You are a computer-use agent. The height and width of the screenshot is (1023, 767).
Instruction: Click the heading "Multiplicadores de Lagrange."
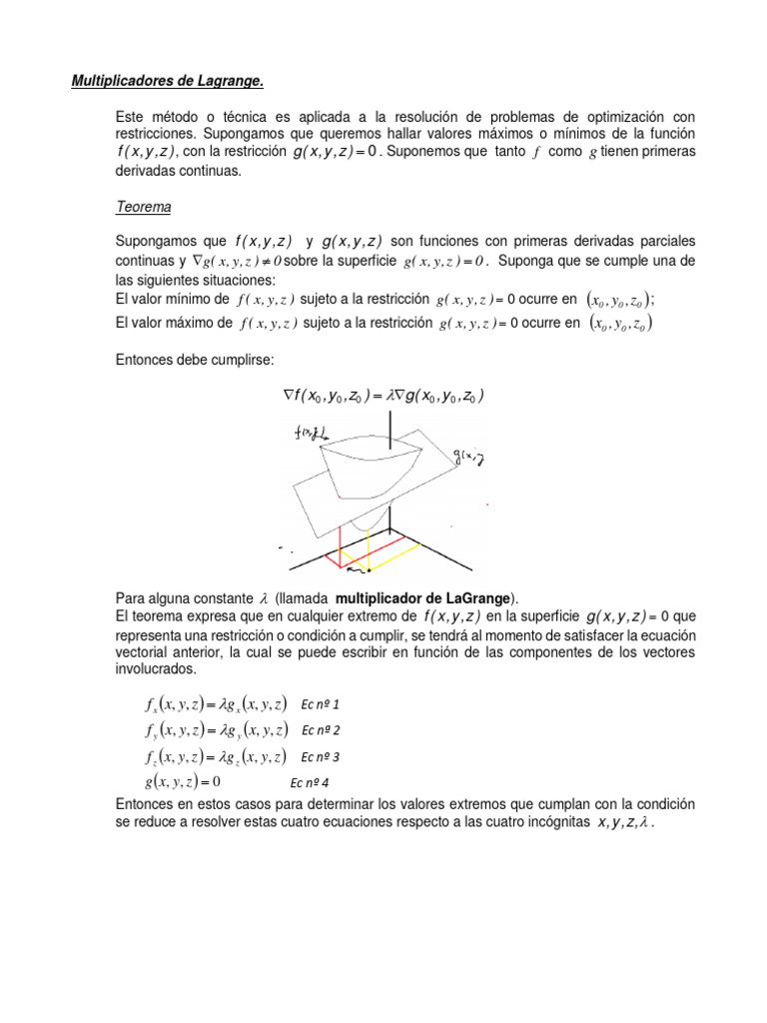pyautogui.click(x=166, y=80)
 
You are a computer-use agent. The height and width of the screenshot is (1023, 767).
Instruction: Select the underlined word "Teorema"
pyautogui.click(x=144, y=207)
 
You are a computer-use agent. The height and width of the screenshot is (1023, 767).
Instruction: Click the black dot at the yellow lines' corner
pyautogui.click(x=369, y=572)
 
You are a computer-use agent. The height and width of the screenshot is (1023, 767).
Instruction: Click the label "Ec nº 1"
pyautogui.click(x=321, y=704)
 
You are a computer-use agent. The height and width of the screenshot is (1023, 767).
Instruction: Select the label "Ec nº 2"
pyautogui.click(x=321, y=730)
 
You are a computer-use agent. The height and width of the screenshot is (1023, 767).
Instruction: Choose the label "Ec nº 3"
pyautogui.click(x=321, y=756)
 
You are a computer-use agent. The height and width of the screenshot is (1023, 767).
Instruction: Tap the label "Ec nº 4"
pyautogui.click(x=310, y=783)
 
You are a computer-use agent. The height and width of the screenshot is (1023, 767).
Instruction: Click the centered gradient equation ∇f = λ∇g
pyautogui.click(x=383, y=397)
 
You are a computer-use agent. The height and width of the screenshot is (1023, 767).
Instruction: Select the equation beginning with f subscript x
pyautogui.click(x=215, y=704)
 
